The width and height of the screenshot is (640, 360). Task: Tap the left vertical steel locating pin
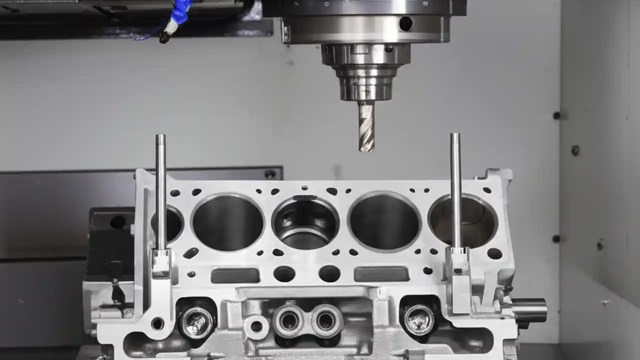[160, 190]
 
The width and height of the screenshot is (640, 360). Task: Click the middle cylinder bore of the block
[305, 222]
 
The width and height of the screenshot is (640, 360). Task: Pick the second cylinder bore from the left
[228, 222]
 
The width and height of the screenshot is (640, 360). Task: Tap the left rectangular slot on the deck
[235, 275]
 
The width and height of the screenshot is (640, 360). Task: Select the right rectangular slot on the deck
[381, 274]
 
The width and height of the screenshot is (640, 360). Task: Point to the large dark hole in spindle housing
[405, 23]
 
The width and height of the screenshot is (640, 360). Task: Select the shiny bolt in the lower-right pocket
[419, 319]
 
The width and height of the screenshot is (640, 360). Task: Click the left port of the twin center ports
[288, 319]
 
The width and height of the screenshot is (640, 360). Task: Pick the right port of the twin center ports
[326, 320]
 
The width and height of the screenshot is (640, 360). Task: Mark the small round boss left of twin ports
[256, 327]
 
